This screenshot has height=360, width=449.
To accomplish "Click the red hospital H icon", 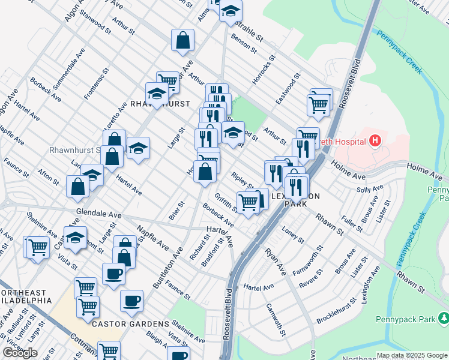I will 376,142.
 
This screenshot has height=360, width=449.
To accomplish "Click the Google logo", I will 20,353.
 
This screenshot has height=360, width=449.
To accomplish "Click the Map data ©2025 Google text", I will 412,355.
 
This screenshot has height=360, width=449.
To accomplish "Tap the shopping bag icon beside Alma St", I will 182,41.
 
